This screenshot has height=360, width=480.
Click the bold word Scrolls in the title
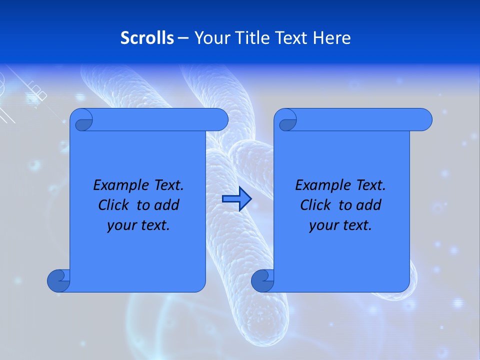[x=147, y=38]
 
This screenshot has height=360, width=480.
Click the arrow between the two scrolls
[x=236, y=199]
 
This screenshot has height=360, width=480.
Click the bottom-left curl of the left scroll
[x=58, y=280]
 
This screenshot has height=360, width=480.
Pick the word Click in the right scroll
[x=315, y=205]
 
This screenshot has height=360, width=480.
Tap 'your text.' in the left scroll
[x=138, y=225]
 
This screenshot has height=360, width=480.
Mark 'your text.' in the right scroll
[x=340, y=225]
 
